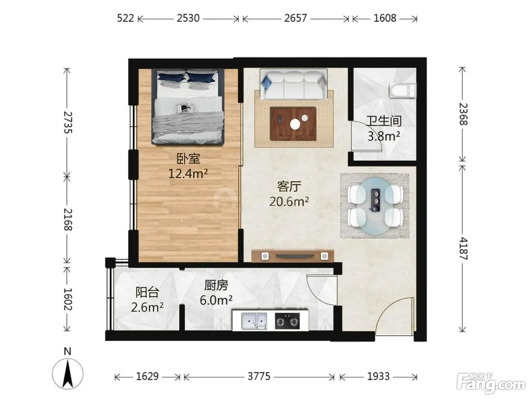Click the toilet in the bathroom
[402, 90]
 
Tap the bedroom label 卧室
[188, 159]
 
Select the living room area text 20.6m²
[289, 201]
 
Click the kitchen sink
[254, 321]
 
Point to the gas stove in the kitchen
[287, 321]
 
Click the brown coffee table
[293, 124]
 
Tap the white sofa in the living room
[293, 84]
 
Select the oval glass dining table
[375, 206]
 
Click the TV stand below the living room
[293, 256]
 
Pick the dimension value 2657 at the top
[295, 18]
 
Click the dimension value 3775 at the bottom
[259, 376]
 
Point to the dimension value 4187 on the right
[463, 249]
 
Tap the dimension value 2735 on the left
[68, 122]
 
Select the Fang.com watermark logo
[491, 383]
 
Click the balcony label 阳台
[147, 292]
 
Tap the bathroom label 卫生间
[384, 121]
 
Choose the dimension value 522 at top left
[125, 18]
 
